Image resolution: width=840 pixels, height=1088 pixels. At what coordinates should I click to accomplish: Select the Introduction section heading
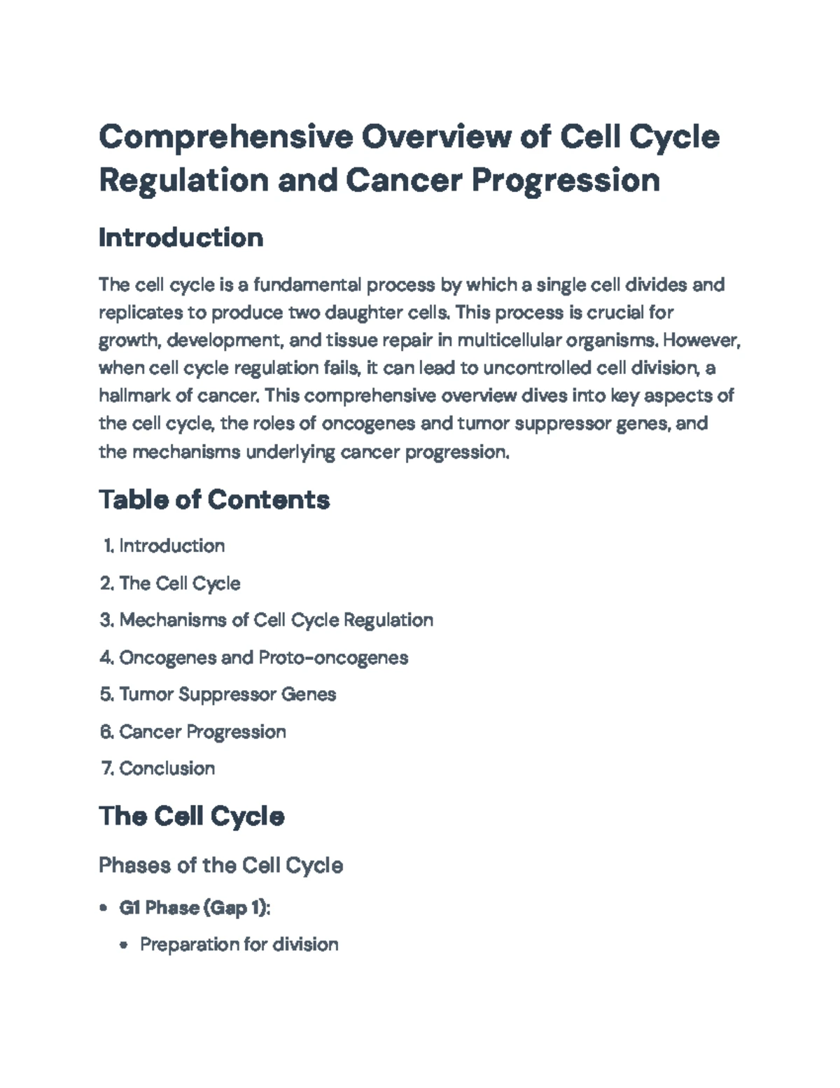181,238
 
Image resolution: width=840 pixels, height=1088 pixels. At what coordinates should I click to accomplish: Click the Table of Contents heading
214,500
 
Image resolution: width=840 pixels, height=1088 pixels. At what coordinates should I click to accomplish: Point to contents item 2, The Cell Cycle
180,583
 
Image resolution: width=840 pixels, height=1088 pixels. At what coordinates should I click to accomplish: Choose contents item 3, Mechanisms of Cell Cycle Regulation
276,620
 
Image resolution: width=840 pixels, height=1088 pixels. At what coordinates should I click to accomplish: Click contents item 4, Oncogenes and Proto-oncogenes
263,657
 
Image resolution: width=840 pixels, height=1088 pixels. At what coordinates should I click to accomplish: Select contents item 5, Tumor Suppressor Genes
227,694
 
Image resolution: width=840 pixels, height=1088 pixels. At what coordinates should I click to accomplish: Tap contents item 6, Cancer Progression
202,731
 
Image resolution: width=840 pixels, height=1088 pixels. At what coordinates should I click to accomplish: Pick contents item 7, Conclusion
167,769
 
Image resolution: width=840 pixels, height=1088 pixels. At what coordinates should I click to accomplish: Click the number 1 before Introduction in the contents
108,546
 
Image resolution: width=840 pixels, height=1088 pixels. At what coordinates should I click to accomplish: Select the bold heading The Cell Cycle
191,816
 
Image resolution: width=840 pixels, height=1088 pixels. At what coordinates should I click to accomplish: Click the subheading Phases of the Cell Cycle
220,865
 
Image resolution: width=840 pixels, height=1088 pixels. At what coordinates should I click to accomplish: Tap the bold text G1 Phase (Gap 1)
193,908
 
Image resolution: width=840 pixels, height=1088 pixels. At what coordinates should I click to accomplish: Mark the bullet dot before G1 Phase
104,908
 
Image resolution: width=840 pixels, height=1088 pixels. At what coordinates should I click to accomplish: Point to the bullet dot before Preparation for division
124,945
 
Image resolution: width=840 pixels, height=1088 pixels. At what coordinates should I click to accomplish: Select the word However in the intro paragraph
700,340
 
